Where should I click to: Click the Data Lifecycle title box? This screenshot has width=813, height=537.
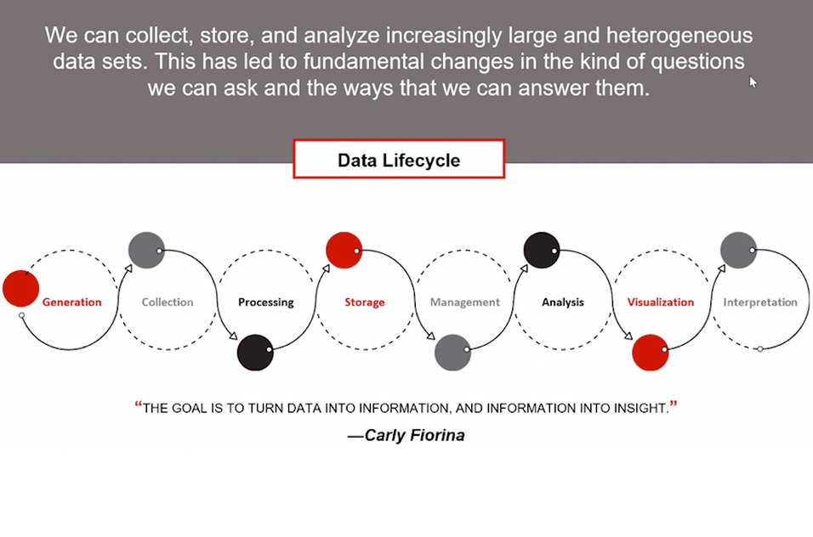coord(399,159)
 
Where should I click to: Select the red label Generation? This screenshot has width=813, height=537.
coord(71,302)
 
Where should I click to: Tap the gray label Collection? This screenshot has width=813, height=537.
coord(168,302)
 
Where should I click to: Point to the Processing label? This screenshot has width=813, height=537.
coord(266,302)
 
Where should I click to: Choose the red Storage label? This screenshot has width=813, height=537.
coord(365,302)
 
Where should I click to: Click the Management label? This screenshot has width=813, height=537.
coord(464,302)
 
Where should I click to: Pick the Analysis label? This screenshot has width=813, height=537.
coord(563,302)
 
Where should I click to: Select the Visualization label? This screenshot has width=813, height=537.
coord(661,302)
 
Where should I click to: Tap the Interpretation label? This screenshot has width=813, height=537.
coord(760,302)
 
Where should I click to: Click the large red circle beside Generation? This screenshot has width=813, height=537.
coord(20,288)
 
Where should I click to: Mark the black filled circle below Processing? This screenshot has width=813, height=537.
coord(255,353)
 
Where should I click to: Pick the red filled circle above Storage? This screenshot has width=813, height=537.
coord(344,250)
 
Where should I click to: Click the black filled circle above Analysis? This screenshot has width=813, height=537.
coord(542,250)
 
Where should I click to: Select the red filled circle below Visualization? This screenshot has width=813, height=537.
coord(651,353)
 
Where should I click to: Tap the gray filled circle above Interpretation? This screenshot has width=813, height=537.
coord(738,250)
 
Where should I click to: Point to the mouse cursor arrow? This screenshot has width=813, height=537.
coord(753,82)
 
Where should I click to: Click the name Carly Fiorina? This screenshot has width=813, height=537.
coord(414,435)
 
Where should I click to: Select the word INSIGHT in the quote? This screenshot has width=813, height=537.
coord(641,408)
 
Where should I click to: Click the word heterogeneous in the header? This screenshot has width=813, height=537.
coord(679,36)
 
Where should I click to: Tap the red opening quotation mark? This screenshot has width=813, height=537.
coord(139,404)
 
